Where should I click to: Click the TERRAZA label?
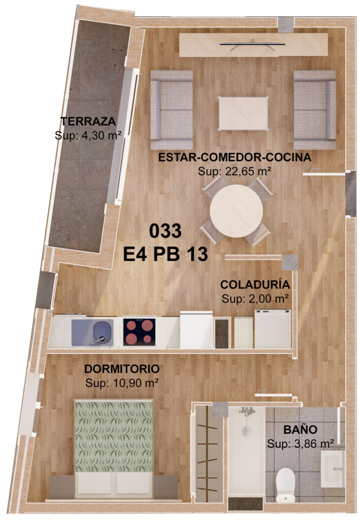click(x=88, y=121)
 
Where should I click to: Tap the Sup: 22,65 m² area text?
click(x=235, y=172)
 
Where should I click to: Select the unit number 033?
click(x=166, y=231)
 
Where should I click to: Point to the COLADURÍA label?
click(x=255, y=284)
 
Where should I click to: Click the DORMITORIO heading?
click(x=122, y=369)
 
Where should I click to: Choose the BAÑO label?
click(x=300, y=430)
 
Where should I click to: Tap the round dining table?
click(x=236, y=211)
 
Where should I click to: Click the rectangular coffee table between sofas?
click(x=243, y=113)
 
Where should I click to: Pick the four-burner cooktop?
click(x=139, y=332)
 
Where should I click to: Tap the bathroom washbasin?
click(x=332, y=469)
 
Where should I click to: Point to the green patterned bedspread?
click(x=114, y=436)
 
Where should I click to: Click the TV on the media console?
click(x=252, y=45)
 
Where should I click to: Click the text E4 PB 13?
click(x=166, y=254)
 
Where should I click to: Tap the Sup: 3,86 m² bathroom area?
click(x=300, y=444)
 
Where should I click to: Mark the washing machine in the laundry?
click(x=273, y=329)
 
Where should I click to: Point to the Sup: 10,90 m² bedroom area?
click(x=122, y=383)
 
